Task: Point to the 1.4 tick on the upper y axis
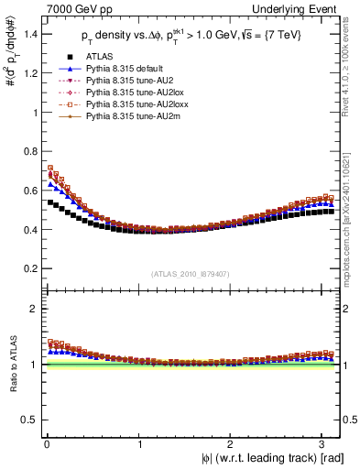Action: point(29,34)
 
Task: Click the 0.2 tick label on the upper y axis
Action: point(29,268)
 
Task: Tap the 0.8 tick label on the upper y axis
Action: point(29,151)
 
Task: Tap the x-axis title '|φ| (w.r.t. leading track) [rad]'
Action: point(261,458)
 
